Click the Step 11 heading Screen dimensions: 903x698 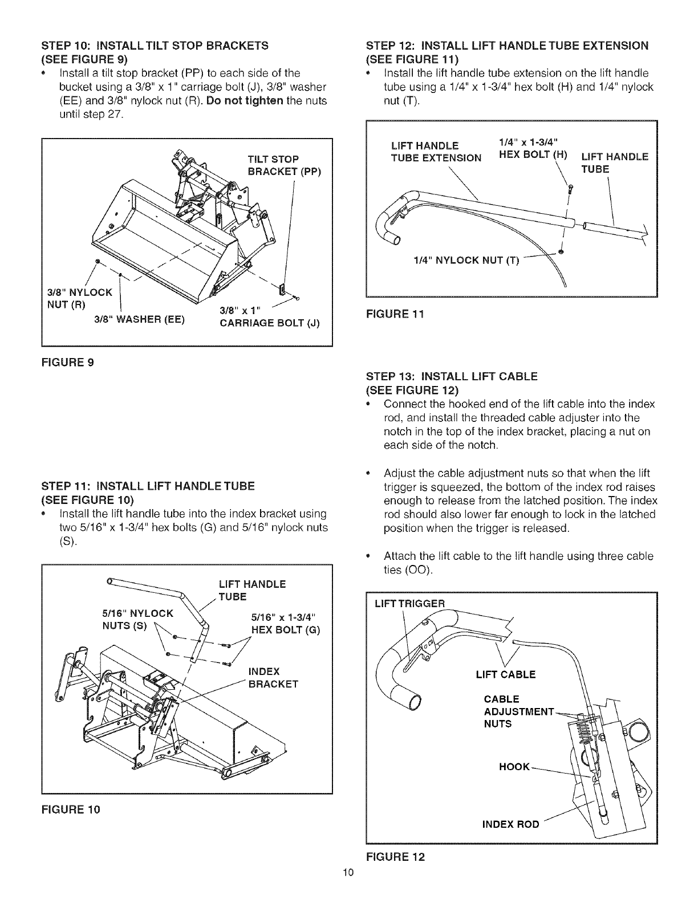pos(147,486)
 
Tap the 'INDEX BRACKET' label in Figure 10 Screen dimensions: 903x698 pos(273,677)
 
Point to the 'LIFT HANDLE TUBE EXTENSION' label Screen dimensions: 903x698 pos(436,151)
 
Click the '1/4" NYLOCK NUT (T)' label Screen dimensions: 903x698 pos(467,261)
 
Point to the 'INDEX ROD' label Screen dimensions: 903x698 pos(510,824)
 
